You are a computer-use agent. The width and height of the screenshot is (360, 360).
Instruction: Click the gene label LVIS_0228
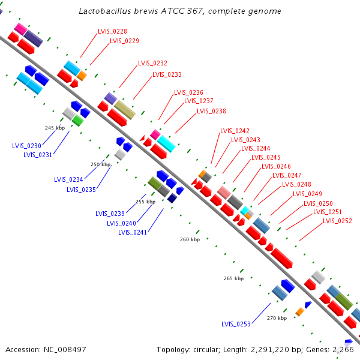(112, 31)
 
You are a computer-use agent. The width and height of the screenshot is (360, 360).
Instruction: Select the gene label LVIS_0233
(167, 74)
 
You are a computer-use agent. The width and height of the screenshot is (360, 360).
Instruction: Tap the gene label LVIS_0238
(211, 111)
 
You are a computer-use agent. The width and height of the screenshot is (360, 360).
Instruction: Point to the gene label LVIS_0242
(235, 131)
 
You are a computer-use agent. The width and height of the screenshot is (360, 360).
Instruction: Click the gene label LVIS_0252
(337, 221)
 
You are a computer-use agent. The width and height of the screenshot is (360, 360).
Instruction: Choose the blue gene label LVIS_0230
(26, 146)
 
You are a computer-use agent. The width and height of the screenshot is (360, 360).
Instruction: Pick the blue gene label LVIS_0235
(81, 190)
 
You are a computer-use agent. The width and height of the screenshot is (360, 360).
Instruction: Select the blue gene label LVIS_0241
(133, 232)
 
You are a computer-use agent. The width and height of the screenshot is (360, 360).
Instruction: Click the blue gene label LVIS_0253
(236, 324)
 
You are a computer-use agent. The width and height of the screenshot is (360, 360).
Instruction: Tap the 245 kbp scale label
(55, 128)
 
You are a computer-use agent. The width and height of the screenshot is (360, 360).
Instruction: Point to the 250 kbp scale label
(100, 164)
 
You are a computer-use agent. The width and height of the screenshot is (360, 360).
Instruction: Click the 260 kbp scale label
(190, 240)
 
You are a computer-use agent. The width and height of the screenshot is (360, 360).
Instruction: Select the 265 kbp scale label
(233, 278)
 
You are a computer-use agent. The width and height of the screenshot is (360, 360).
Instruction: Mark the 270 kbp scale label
(277, 318)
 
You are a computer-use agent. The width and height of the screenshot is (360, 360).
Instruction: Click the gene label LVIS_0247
(287, 175)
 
